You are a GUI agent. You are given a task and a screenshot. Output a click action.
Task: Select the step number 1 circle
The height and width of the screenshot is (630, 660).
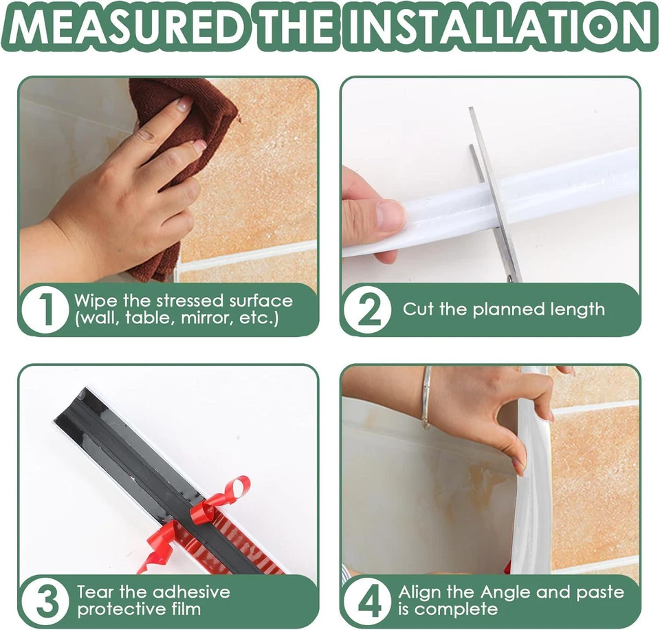click(45, 310)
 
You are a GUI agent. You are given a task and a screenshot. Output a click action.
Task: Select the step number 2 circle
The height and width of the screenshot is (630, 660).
click(367, 310)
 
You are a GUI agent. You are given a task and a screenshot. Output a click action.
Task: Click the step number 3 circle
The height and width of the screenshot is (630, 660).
click(45, 600)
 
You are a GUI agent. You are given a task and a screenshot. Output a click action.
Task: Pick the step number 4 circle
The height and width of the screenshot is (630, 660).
click(367, 600)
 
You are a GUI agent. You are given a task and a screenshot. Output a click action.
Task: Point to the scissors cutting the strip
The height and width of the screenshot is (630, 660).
click(494, 193)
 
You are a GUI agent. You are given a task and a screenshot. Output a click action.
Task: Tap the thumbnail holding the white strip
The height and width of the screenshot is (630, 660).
click(390, 215)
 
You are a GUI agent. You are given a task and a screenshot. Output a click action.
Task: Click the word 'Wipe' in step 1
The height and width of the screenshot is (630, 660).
click(92, 301)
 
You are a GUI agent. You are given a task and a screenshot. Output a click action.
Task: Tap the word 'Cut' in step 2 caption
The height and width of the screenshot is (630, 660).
click(419, 309)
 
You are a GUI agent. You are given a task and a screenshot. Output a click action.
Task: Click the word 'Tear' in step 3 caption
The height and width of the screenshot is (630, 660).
click(93, 591)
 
